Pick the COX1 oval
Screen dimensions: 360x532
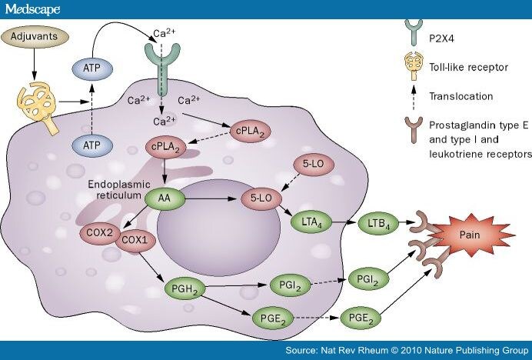(134, 240)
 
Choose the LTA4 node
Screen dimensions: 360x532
(309, 223)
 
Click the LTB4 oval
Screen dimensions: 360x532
(379, 223)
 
